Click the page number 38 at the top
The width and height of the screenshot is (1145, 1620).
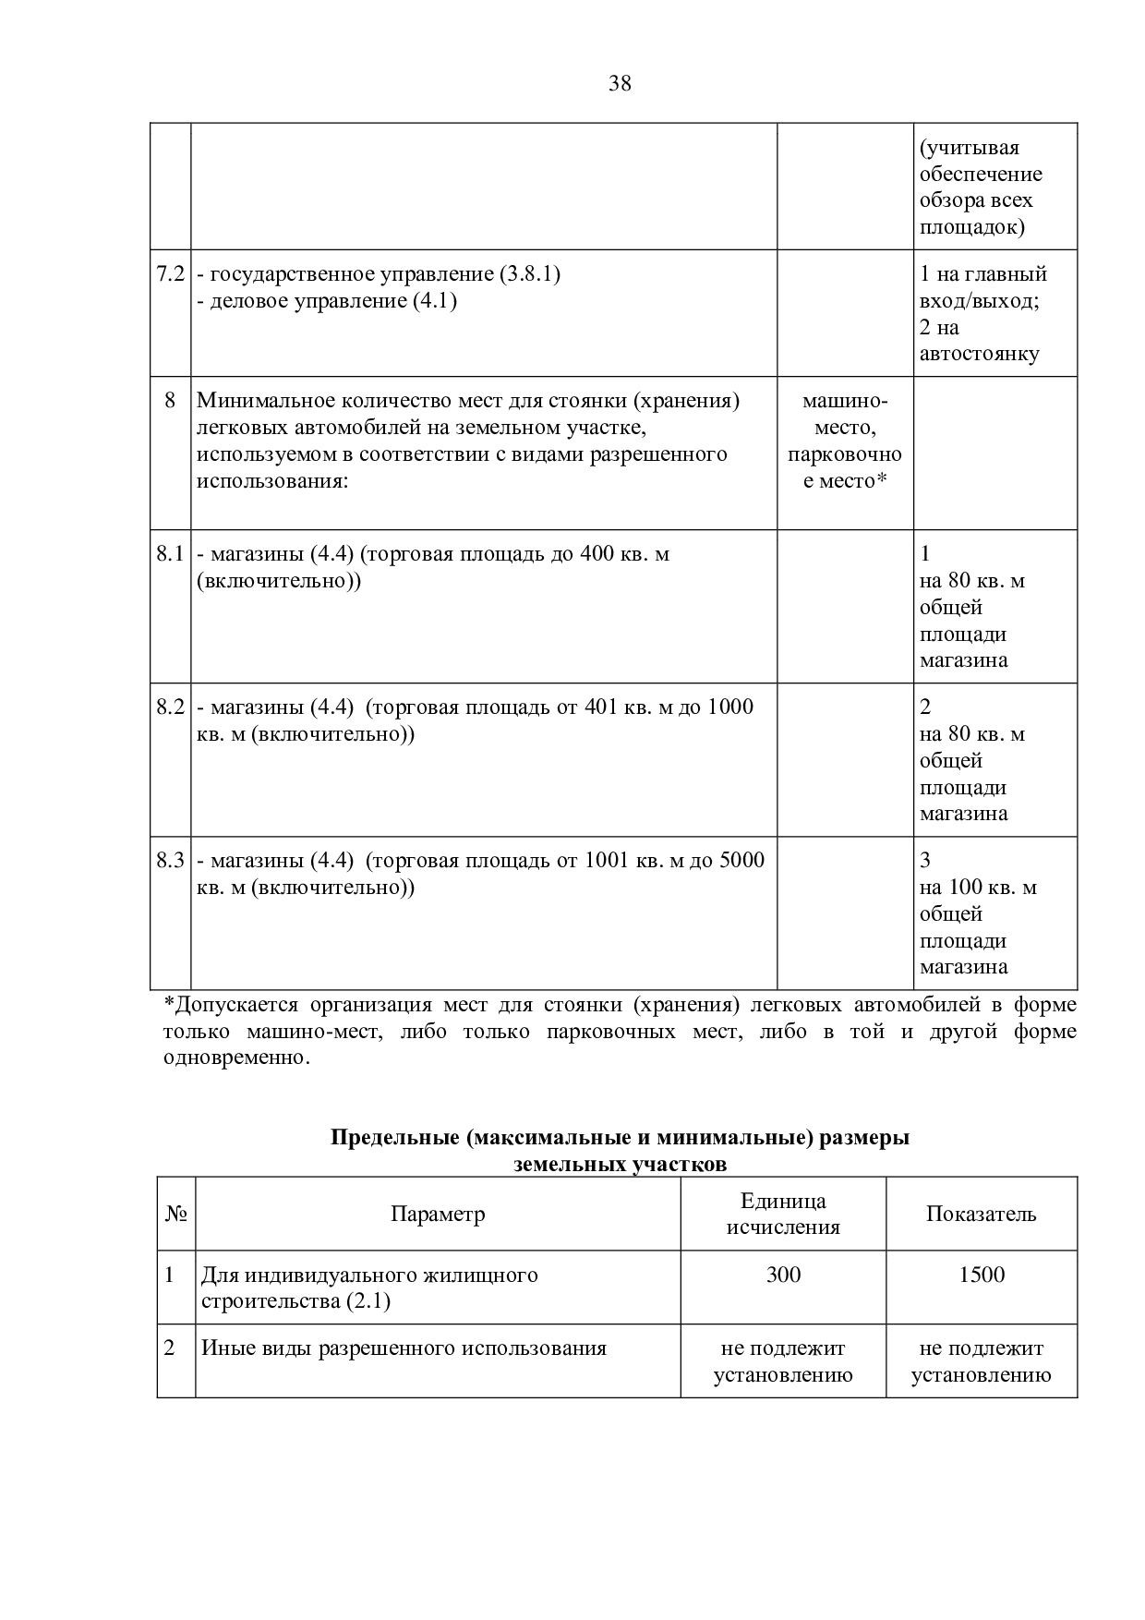point(620,84)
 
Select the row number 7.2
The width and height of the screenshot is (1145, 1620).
point(170,274)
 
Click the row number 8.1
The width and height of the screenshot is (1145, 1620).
point(170,554)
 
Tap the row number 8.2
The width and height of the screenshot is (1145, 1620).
point(170,707)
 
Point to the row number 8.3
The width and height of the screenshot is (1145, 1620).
point(170,861)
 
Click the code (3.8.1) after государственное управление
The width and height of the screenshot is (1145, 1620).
point(529,274)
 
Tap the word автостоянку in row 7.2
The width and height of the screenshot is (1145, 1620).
point(979,354)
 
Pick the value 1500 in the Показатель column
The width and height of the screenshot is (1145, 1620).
point(981,1275)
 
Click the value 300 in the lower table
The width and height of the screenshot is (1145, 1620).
point(783,1275)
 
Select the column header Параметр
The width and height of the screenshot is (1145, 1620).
point(438,1214)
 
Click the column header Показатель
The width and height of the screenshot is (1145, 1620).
point(981,1214)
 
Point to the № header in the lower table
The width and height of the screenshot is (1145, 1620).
point(175,1214)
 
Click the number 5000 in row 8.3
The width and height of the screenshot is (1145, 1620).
point(741,861)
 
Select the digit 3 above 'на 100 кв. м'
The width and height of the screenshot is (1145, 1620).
point(925,861)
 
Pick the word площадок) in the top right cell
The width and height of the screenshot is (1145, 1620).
point(971,227)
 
